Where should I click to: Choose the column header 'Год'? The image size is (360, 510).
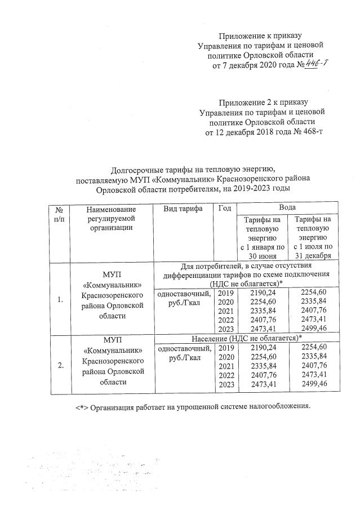[x=224, y=209]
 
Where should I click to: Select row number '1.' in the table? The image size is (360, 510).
[x=60, y=299]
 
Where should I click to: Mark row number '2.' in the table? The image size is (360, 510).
[x=60, y=366]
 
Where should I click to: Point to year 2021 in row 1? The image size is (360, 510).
[x=225, y=311]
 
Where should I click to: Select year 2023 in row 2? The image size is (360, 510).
[x=225, y=384]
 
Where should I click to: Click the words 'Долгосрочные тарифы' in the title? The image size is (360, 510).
[x=149, y=170]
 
